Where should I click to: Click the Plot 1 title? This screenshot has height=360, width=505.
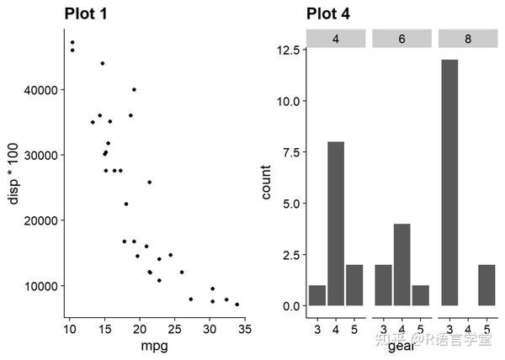pyautogui.click(x=97, y=13)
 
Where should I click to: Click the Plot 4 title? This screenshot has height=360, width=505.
pyautogui.click(x=328, y=13)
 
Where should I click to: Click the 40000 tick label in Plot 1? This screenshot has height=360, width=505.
pyautogui.click(x=38, y=90)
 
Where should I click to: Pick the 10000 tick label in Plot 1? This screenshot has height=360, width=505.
pyautogui.click(x=38, y=286)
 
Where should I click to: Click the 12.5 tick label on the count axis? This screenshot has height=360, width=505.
pyautogui.click(x=289, y=50)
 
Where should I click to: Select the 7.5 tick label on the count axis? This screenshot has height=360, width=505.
pyautogui.click(x=291, y=152)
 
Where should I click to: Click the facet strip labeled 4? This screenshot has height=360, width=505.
pyautogui.click(x=336, y=39)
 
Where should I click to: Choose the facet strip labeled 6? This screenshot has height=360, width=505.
pyautogui.click(x=402, y=39)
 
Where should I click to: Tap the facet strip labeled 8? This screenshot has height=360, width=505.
pyautogui.click(x=468, y=39)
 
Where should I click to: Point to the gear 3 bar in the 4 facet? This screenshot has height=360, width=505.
pyautogui.click(x=317, y=295)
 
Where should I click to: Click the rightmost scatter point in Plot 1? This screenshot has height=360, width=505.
pyautogui.click(x=237, y=304)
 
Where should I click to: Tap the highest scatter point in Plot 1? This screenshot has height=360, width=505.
pyautogui.click(x=72, y=42)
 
